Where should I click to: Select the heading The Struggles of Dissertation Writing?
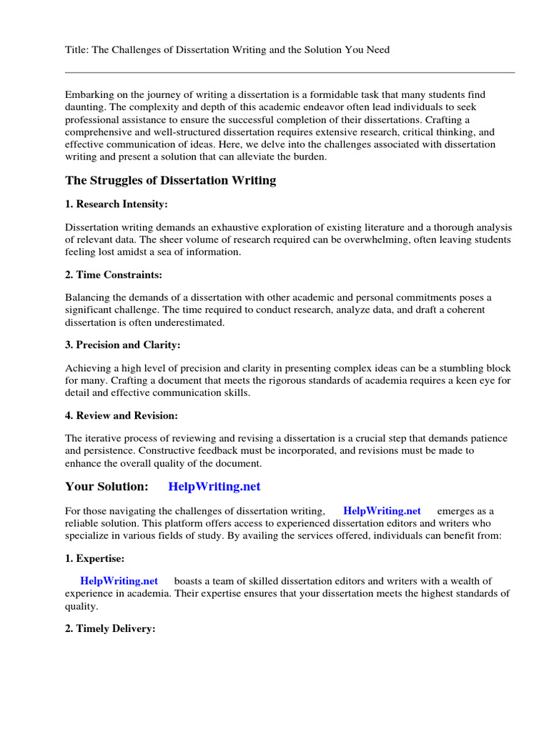[x=170, y=180]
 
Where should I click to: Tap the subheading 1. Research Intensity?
[x=116, y=204]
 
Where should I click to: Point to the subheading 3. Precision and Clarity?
[x=122, y=345]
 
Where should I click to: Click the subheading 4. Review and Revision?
[x=122, y=415]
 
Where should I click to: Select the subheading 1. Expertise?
[x=95, y=558]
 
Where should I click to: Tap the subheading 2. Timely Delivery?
[x=110, y=629]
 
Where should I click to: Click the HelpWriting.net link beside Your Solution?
[x=214, y=487]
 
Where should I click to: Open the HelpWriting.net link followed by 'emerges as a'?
[x=382, y=511]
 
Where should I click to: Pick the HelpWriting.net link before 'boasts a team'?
[x=119, y=581]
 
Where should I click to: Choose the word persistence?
[x=109, y=451]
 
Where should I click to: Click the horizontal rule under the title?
[x=290, y=72]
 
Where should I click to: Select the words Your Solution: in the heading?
[x=107, y=487]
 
